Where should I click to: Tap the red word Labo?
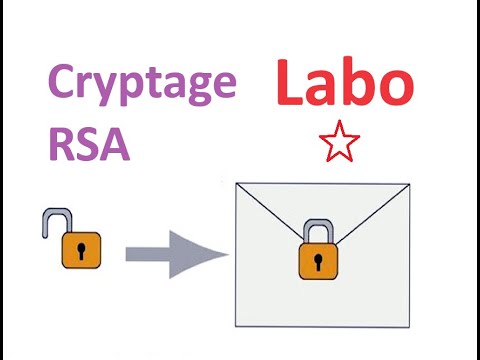click(x=343, y=84)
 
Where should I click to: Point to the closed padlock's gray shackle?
click(x=319, y=231)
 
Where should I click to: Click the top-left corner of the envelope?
click(x=232, y=184)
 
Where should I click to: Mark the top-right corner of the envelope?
click(x=408, y=184)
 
